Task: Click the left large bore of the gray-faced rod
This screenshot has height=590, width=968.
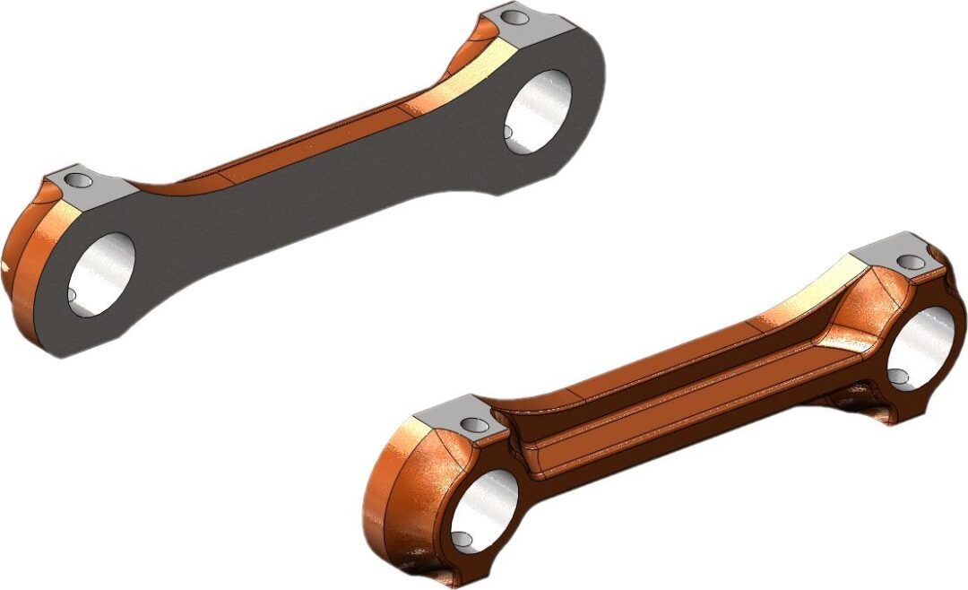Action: pos(100,273)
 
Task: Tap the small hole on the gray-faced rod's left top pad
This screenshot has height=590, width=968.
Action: pos(80,181)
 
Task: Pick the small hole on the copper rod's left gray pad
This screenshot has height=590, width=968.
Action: pos(469,424)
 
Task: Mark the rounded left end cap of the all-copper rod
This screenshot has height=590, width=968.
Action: pos(394,502)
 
